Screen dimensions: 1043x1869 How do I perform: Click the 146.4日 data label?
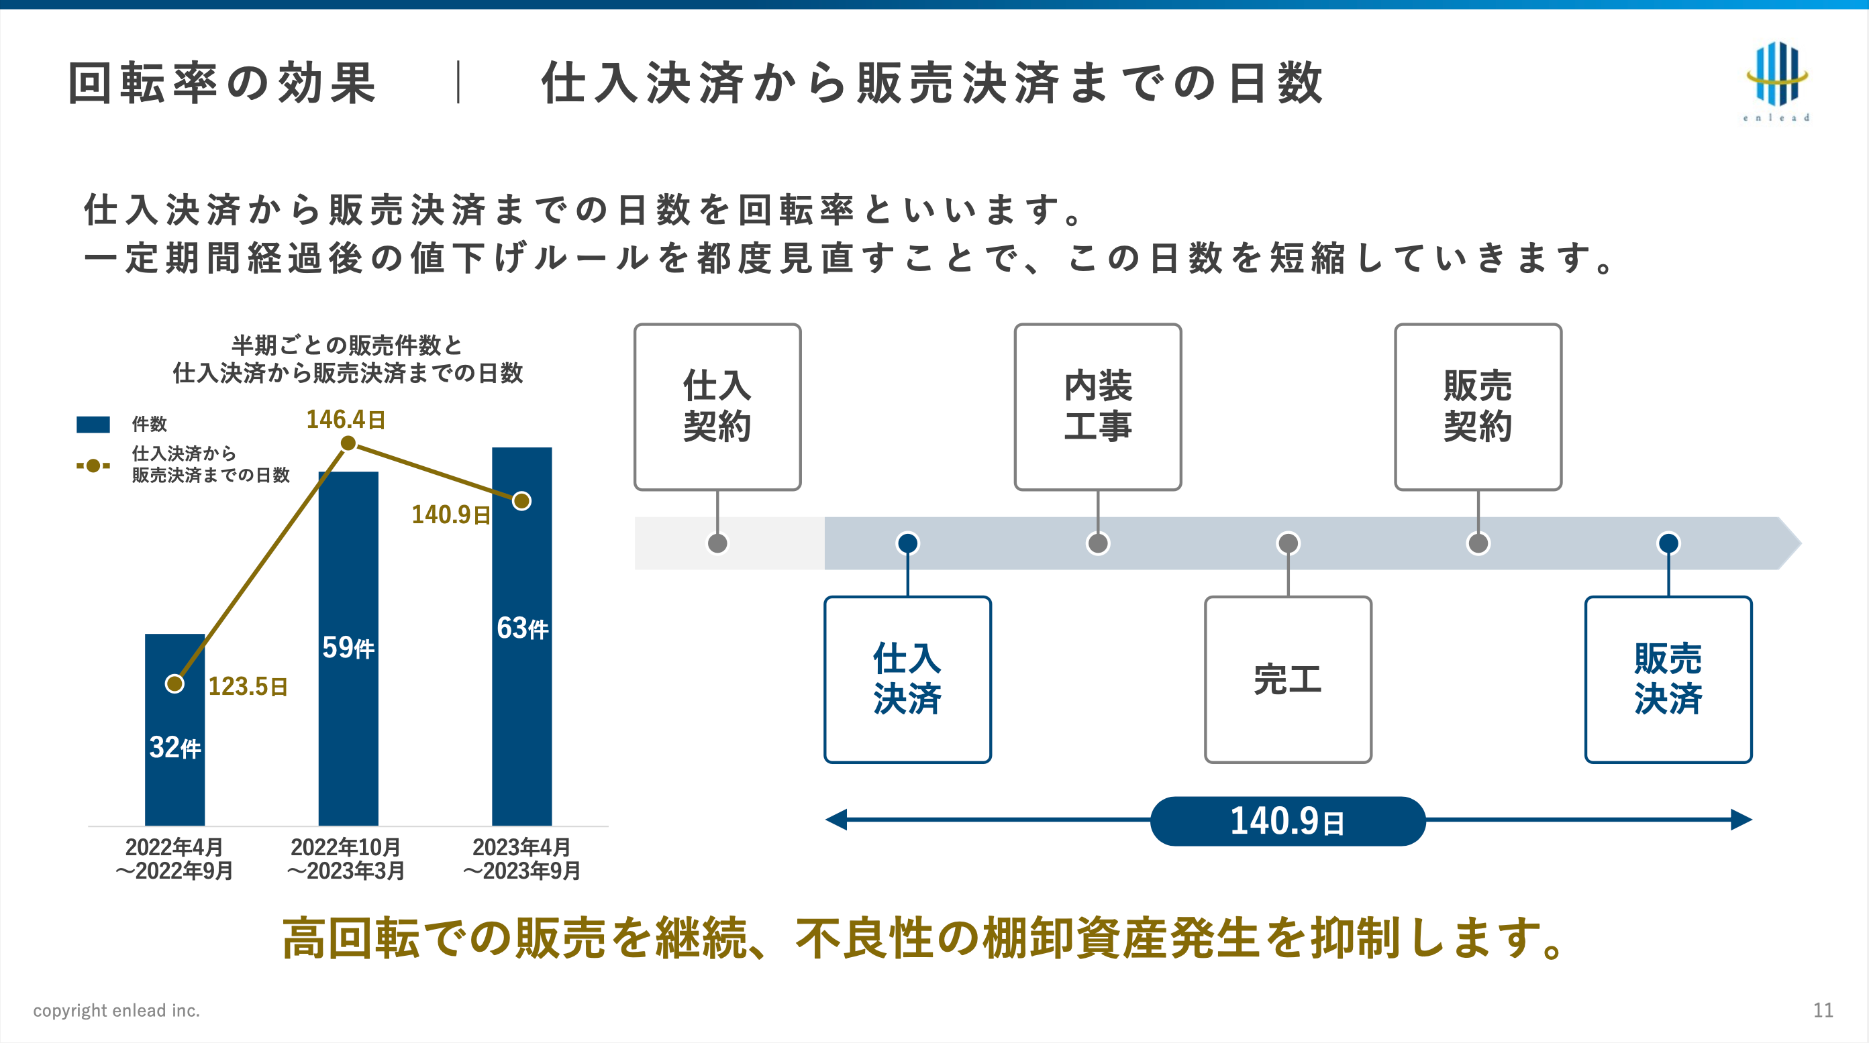(x=346, y=419)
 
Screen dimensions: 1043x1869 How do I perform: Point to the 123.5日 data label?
(x=248, y=686)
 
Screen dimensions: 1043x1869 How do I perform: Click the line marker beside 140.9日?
(x=521, y=501)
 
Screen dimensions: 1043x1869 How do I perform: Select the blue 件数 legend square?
(x=93, y=425)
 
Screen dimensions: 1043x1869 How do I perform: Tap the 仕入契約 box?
(x=717, y=406)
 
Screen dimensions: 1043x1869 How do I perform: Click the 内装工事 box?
(x=1097, y=406)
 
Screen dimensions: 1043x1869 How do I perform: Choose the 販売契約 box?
(x=1478, y=406)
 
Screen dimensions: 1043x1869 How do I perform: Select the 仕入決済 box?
(x=907, y=679)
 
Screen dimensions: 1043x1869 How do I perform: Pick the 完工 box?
(x=1288, y=679)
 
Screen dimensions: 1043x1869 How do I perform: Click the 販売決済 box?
(x=1668, y=679)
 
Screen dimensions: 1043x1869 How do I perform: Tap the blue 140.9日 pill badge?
(x=1288, y=821)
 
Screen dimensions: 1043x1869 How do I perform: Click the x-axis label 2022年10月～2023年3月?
(x=346, y=859)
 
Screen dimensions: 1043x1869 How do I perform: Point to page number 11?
(x=1823, y=1010)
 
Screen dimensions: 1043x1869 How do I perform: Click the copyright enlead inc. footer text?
(x=116, y=1010)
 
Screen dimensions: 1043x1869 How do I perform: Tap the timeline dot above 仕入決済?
(x=907, y=543)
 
